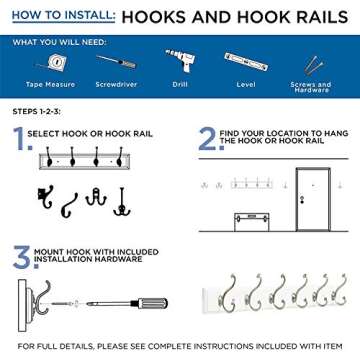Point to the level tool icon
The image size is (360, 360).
point(247,65)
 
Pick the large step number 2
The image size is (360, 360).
point(206,138)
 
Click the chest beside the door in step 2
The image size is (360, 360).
point(251,214)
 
